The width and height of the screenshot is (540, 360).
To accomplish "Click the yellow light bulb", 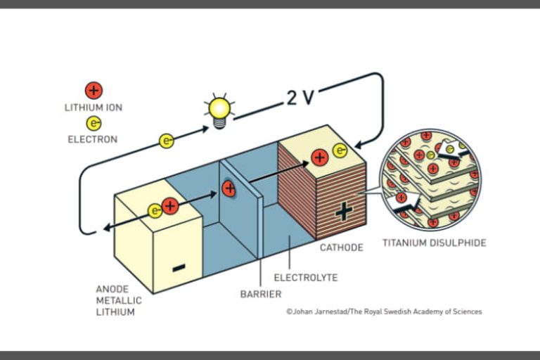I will pos(219,109).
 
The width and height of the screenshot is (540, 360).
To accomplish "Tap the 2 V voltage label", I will pos(300,97).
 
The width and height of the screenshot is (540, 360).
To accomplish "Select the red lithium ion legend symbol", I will pos(94,90).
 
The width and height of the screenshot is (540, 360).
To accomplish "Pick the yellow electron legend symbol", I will pos(94,122).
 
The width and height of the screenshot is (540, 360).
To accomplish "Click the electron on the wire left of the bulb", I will pos(167,141).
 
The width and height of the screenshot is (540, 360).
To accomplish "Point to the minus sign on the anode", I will pos(179,266).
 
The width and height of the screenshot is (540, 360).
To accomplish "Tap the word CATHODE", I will pos(342,247).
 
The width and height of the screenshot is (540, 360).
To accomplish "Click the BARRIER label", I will pos(262,294).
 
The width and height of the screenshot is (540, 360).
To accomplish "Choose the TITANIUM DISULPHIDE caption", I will pos(434,243).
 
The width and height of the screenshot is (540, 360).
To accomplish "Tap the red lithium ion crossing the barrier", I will pos(229,188).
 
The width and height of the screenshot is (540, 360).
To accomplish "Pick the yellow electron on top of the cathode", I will pos(340,150).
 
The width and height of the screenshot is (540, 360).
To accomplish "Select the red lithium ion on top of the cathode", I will pos(320,157).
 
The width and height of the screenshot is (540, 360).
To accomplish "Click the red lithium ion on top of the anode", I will pos(170,207).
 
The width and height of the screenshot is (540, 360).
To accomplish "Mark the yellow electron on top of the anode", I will pos(155,210).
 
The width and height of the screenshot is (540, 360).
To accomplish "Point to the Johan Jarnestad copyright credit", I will pos(384,311).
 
